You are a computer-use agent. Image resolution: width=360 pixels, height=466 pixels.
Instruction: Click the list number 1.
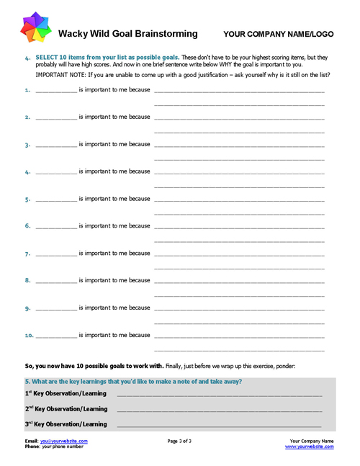point(27,91)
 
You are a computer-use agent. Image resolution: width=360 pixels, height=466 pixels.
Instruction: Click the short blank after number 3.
point(55,145)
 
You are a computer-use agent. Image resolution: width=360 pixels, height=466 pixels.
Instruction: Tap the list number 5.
point(27,200)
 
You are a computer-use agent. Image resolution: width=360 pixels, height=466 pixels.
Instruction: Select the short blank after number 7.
point(55,254)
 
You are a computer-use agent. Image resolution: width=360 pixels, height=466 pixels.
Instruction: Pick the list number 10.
point(29,336)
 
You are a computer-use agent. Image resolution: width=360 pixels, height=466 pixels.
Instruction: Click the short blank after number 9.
point(55,308)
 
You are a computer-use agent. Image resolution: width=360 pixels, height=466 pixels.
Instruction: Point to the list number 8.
point(27,281)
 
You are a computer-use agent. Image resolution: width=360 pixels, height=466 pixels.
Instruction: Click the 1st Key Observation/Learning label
point(66,393)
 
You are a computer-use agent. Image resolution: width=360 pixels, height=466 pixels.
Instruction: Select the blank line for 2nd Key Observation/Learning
point(220,410)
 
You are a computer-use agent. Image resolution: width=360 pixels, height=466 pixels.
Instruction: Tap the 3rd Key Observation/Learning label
point(66,424)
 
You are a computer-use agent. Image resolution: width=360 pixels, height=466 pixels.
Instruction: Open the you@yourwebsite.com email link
point(64,441)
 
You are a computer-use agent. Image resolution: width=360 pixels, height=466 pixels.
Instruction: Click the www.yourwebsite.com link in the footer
point(310,447)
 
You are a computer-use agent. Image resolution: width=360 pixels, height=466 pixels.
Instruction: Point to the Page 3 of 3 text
point(179,441)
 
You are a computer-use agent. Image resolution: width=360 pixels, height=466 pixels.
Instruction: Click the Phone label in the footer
point(32,447)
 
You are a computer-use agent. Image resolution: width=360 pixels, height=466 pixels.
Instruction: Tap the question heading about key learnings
point(133,381)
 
